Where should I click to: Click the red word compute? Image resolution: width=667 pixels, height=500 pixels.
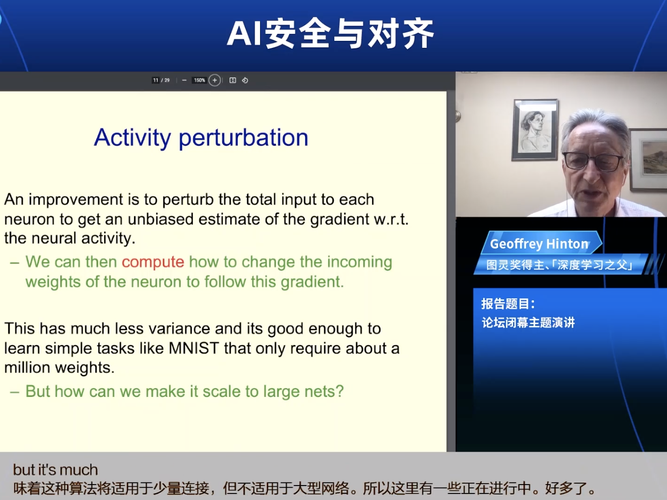pos(153,262)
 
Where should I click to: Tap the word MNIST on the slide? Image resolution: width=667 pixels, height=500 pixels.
pos(194,348)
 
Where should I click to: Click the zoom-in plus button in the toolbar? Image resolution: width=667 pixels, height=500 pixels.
pos(215,80)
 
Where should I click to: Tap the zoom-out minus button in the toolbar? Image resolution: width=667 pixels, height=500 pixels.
pos(184,80)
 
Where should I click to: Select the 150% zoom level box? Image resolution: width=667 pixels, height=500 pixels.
pos(199,80)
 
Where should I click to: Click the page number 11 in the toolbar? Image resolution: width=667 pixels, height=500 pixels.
pos(155,80)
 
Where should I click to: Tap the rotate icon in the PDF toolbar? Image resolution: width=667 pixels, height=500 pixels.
pos(245,80)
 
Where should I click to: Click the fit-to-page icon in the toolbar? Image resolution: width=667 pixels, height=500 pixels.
pos(233,80)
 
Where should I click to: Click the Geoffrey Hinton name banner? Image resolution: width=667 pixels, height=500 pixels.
pos(539,244)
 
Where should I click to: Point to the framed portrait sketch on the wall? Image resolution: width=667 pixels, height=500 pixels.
pos(535,129)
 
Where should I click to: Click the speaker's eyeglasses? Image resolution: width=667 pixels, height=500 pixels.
pos(593,161)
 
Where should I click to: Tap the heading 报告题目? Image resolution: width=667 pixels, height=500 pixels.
pos(508,304)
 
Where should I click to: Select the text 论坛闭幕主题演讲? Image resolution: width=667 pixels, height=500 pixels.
pos(528,323)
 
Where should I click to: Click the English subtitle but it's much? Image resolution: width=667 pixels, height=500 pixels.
pos(55,470)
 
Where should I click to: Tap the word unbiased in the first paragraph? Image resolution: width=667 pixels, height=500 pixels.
pos(160,219)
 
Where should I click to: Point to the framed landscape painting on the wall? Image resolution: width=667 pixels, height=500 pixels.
pos(649,159)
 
